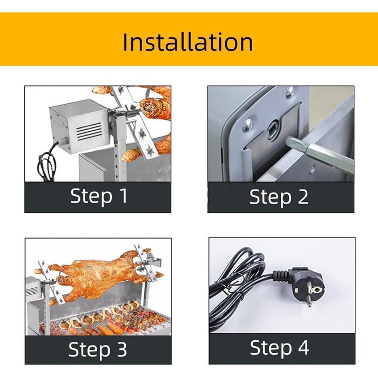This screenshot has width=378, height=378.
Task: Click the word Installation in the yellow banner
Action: [x=188, y=42]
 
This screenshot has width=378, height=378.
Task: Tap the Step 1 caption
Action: [x=99, y=196]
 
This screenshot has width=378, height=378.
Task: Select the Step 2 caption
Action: [x=279, y=197]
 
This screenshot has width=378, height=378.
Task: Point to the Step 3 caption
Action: [x=98, y=349]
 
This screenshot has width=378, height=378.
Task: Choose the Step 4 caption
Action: [x=279, y=348]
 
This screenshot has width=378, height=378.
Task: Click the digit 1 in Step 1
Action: [x=124, y=195]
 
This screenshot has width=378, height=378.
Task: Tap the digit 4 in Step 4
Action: [x=303, y=347]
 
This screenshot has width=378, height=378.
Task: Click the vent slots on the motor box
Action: [x=89, y=131]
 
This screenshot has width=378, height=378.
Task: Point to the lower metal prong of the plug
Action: [x=309, y=301]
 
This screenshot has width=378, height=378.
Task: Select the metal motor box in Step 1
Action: [x=79, y=126]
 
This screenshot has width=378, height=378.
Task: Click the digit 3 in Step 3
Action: [x=122, y=349]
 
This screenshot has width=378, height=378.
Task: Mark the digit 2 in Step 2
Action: [x=303, y=197]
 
